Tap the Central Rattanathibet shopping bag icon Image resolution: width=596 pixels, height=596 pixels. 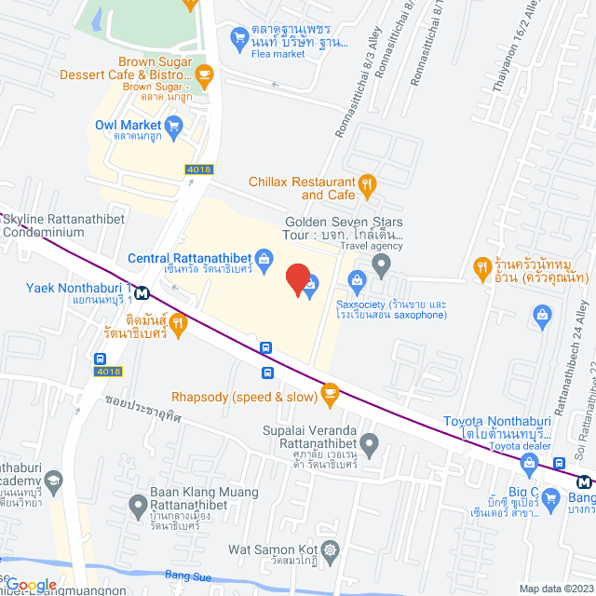pos(264,257)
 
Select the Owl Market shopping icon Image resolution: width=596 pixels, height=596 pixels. pos(173,125)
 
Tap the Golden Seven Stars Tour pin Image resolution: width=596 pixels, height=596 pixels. pos(381,265)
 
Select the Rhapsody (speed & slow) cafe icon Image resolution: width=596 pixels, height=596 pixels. pos(329,371)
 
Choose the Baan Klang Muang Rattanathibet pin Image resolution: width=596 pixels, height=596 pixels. pos(138,510)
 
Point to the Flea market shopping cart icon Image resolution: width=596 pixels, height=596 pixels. pos(238,38)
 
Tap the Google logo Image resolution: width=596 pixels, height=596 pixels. pos(30,585)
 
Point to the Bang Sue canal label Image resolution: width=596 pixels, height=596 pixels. pos(183,575)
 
